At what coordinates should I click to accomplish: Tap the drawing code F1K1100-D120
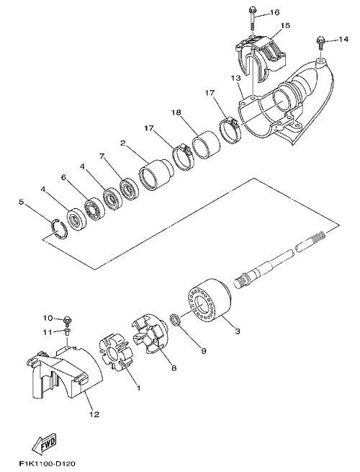pos(47,463)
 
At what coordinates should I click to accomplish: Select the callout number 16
pos(274,12)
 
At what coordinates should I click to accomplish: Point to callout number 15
pos(285,25)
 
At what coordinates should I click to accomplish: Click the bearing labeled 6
pos(94,208)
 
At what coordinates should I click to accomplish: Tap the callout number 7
pos(102,156)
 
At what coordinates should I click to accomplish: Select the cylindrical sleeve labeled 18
pos(207,144)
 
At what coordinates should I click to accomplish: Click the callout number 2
pos(122,143)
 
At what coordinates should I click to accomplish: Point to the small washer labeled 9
pos(176,320)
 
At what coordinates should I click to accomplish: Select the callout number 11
pos(47,332)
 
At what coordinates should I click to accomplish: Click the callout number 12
pos(94,414)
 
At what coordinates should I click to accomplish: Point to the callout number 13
pos(236,79)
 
